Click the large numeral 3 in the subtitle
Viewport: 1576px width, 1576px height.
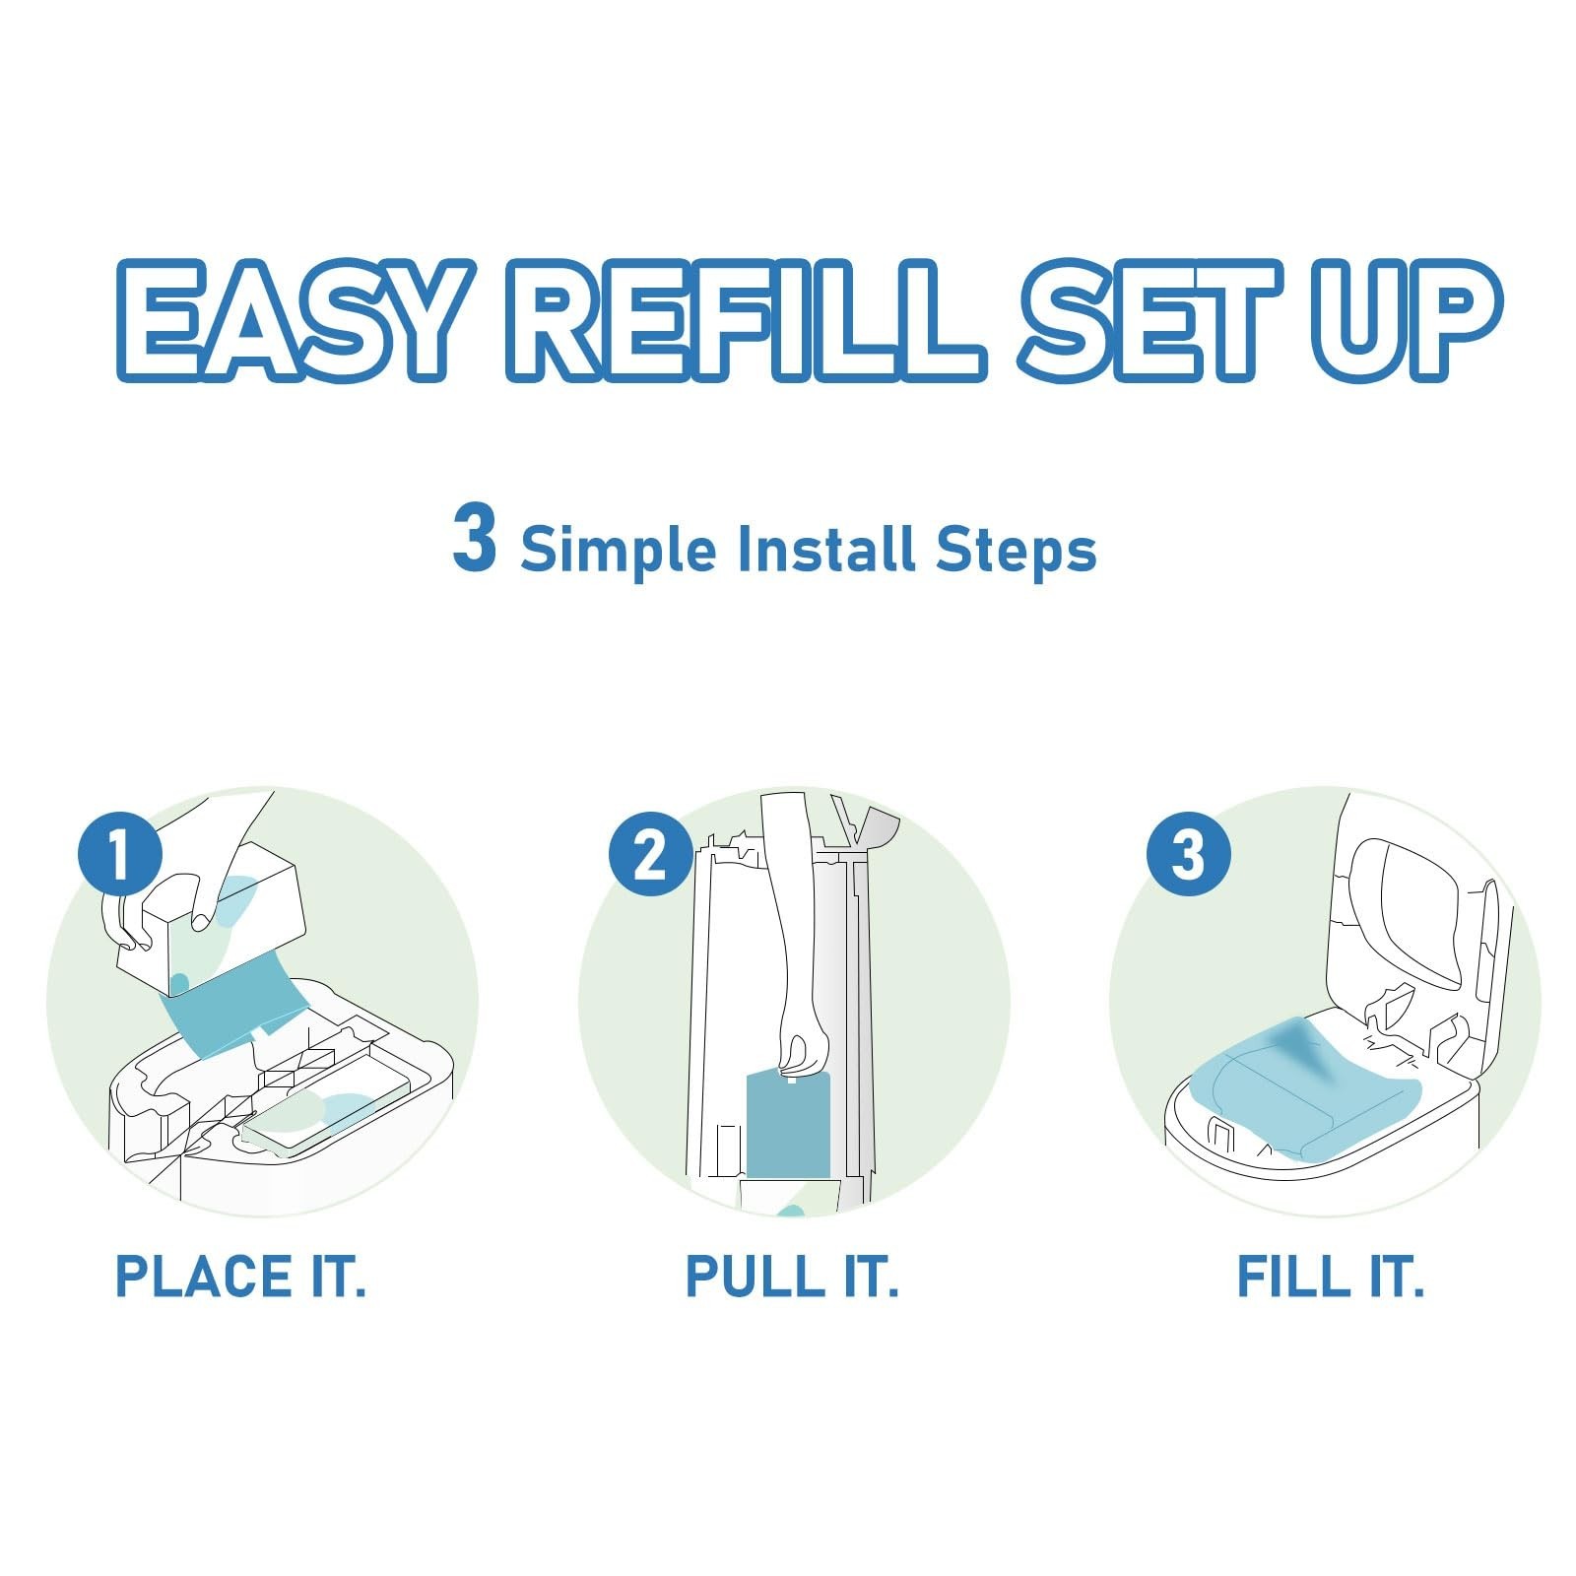(x=474, y=537)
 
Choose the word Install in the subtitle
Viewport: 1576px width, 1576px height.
(x=826, y=548)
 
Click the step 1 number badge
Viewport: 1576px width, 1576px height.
(x=120, y=853)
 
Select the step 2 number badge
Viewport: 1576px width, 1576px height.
(x=650, y=853)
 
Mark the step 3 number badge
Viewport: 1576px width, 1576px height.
(x=1189, y=853)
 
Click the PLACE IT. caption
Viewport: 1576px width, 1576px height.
(x=240, y=1277)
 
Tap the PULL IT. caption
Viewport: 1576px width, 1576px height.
(x=792, y=1277)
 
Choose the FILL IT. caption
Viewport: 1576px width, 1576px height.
(x=1331, y=1277)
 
